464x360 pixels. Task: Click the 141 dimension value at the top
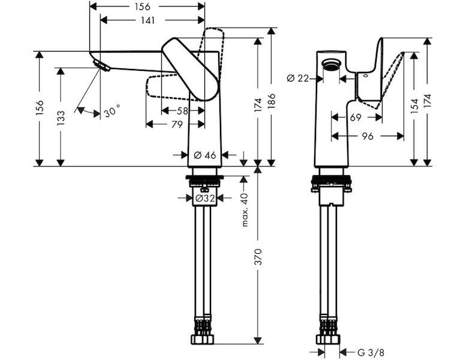click(x=147, y=20)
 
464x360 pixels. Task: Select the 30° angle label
click(x=112, y=111)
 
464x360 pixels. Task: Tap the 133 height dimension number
click(x=61, y=118)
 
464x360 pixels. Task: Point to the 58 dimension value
click(x=182, y=111)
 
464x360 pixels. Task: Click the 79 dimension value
click(x=177, y=124)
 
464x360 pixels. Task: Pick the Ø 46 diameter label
click(x=205, y=155)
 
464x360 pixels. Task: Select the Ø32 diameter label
click(x=205, y=198)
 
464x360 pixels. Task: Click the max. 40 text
click(x=245, y=209)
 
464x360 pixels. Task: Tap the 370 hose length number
click(x=258, y=257)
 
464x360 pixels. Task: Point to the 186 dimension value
click(x=272, y=101)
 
